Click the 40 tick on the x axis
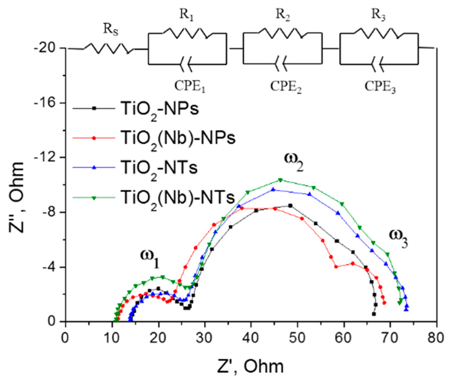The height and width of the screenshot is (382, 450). click(251, 338)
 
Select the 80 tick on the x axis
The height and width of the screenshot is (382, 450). click(436, 338)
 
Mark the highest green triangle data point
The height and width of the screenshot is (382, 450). click(280, 180)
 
